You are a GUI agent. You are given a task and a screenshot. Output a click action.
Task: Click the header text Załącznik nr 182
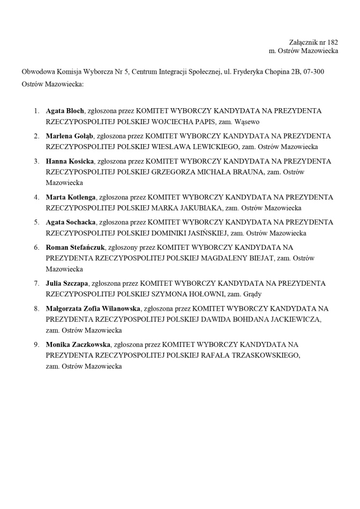[313, 42]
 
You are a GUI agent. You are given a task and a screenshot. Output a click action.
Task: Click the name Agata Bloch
[65, 111]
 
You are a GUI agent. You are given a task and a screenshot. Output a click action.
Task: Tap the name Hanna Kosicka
[69, 161]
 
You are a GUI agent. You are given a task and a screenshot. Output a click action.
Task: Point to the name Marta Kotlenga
[71, 197]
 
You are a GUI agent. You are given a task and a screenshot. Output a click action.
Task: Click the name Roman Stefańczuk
[76, 247]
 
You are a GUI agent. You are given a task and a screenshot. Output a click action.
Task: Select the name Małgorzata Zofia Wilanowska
[93, 308]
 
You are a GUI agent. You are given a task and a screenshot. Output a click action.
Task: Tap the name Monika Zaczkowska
[78, 344]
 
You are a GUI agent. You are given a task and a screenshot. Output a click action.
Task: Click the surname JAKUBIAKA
[193, 208]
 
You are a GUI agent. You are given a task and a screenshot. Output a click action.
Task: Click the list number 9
[37, 344]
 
